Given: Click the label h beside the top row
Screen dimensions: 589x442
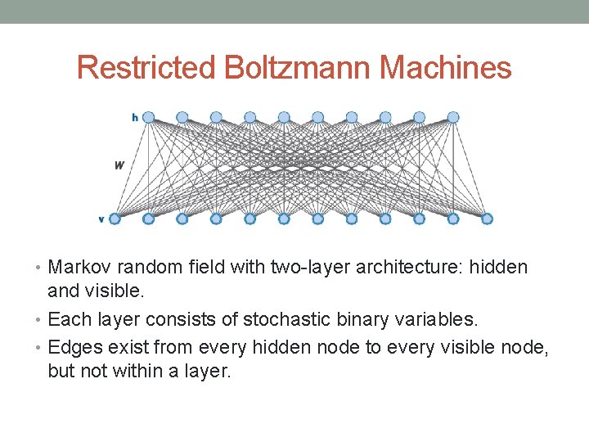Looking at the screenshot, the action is point(135,118).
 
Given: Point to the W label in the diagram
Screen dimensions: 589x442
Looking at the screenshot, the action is point(119,165).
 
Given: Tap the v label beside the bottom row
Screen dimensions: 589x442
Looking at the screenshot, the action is point(101,219).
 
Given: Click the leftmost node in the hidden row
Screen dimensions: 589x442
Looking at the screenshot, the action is point(148,117).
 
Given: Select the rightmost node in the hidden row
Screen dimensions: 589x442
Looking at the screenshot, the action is point(453,117).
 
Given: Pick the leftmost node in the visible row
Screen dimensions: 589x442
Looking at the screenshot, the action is point(115,219).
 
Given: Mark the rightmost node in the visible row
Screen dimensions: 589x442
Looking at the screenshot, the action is point(487,219).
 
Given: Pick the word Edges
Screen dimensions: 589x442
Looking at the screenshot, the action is point(74,348).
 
